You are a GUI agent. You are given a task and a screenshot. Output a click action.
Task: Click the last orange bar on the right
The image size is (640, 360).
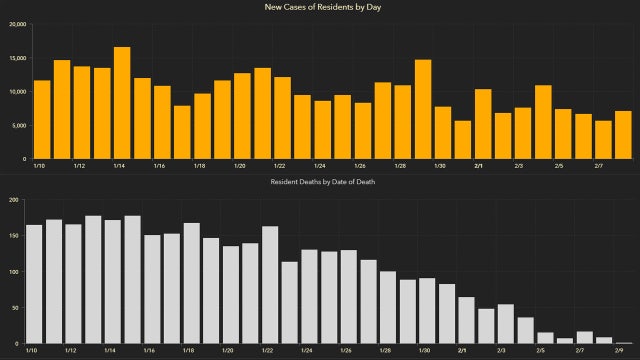pos(623,135)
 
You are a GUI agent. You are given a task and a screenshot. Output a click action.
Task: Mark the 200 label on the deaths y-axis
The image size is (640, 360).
pos(13,200)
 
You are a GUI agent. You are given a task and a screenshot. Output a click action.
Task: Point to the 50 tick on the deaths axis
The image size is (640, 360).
pos(15,308)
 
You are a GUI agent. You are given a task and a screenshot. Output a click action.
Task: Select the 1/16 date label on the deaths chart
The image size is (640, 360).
pos(150,351)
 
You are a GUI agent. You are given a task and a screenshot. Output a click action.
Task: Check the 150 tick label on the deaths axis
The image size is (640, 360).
pos(13,236)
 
